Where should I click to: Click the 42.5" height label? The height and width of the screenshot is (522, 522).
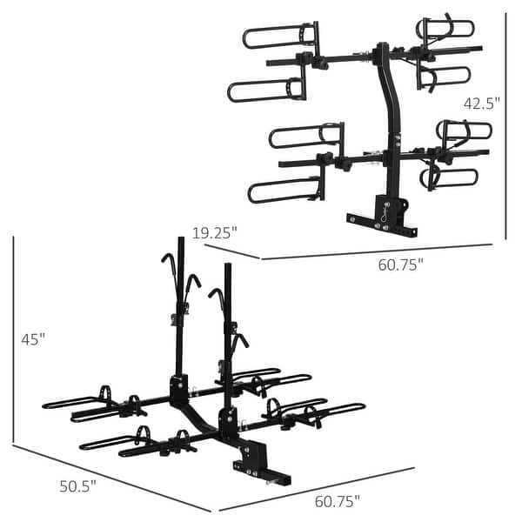tap(481, 104)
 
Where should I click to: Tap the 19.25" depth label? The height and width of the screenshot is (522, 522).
tap(214, 232)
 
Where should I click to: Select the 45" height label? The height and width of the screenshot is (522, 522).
tap(33, 339)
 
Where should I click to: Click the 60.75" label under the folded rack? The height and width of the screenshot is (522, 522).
tap(400, 264)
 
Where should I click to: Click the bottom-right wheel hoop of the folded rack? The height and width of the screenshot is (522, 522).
tap(449, 178)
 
